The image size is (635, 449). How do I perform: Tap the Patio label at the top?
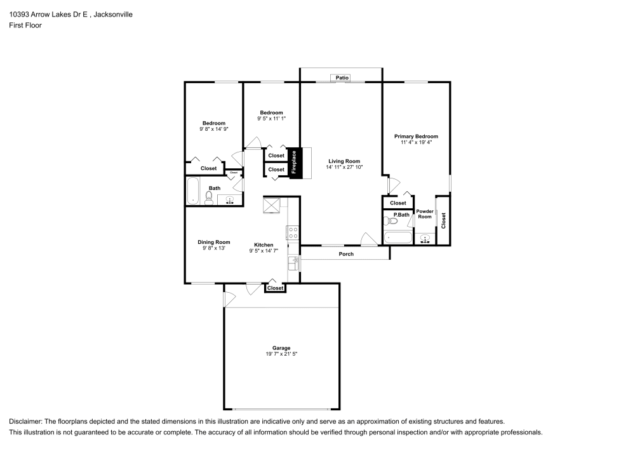[x=342, y=77]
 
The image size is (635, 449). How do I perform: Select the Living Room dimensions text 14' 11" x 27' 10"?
[x=344, y=167]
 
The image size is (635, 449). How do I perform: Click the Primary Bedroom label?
[x=416, y=137]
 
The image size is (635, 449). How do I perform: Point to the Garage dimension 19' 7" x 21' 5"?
[x=281, y=354]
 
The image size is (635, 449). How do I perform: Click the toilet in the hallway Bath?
[x=209, y=198]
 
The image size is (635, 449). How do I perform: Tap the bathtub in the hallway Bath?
[x=193, y=191]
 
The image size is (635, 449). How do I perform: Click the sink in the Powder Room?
[x=425, y=239]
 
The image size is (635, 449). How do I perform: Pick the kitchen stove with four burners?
[x=293, y=232]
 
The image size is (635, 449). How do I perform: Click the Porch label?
[x=345, y=254]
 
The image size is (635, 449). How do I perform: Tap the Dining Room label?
[x=213, y=242]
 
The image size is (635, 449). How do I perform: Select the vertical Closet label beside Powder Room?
[x=443, y=220]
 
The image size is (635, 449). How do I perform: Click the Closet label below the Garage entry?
[x=275, y=288]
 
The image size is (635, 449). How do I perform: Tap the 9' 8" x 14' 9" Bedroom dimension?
[x=213, y=129]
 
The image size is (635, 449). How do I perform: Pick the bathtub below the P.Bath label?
[x=398, y=239]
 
